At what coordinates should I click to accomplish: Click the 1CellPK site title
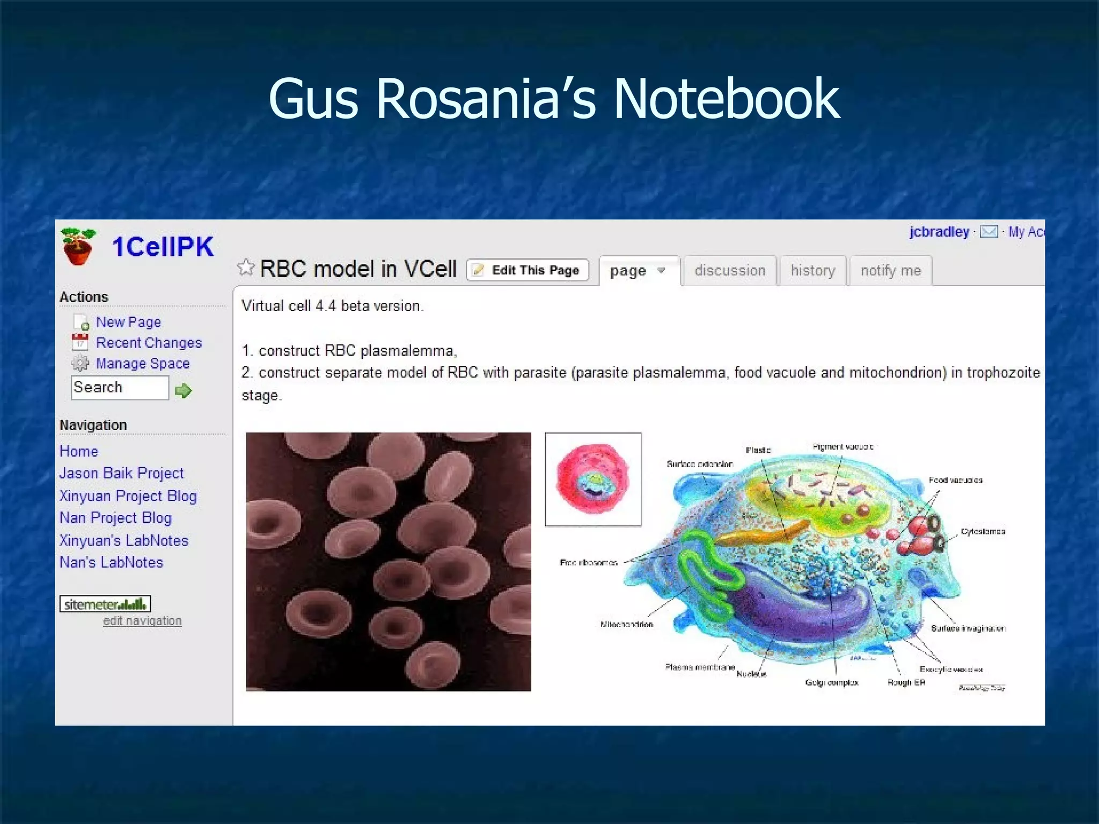pos(163,247)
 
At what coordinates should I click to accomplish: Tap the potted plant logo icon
pos(78,246)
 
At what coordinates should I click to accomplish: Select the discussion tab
pos(729,270)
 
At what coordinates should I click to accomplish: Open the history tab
pos(812,270)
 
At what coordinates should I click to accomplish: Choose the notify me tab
pos(890,270)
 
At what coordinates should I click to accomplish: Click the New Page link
pos(128,322)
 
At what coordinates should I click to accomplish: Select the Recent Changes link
pos(149,343)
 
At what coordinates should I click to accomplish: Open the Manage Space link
pos(143,364)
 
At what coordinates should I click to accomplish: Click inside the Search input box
pos(120,387)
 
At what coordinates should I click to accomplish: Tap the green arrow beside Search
pos(183,390)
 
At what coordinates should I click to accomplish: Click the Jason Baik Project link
pos(121,473)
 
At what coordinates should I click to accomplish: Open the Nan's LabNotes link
pos(111,562)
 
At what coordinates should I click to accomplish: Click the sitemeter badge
pos(105,604)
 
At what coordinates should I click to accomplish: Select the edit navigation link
pos(142,621)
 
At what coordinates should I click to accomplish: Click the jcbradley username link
pos(939,232)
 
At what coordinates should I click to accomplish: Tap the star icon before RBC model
pos(246,267)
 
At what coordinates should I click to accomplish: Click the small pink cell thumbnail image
pos(593,479)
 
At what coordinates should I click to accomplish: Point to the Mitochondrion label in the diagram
pos(626,624)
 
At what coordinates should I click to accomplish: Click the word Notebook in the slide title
pos(726,99)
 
